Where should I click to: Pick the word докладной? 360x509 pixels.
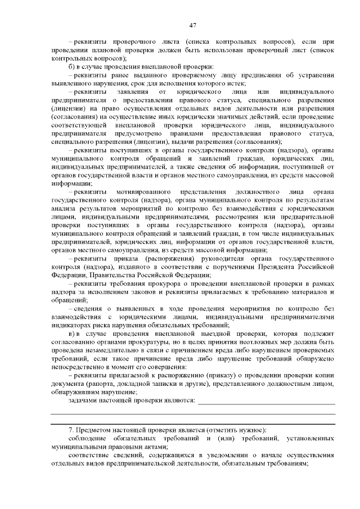click(x=130, y=384)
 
